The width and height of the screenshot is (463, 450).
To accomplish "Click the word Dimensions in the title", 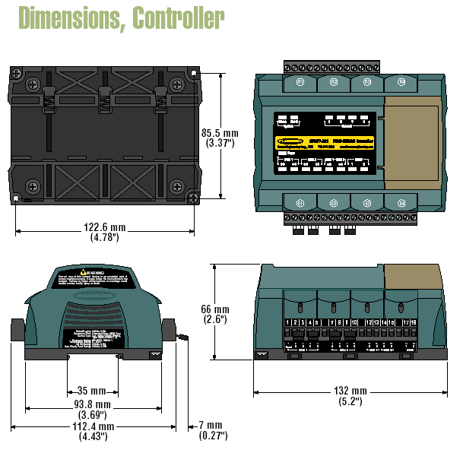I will tap(66, 17).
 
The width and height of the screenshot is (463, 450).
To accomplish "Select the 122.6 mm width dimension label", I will tap(105, 230).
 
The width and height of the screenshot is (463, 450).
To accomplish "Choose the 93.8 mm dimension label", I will tap(93, 410).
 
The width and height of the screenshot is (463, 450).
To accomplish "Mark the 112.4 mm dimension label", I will tap(93, 432).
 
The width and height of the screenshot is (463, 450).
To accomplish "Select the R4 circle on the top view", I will tap(401, 82).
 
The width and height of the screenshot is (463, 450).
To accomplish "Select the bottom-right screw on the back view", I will tap(176, 184).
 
